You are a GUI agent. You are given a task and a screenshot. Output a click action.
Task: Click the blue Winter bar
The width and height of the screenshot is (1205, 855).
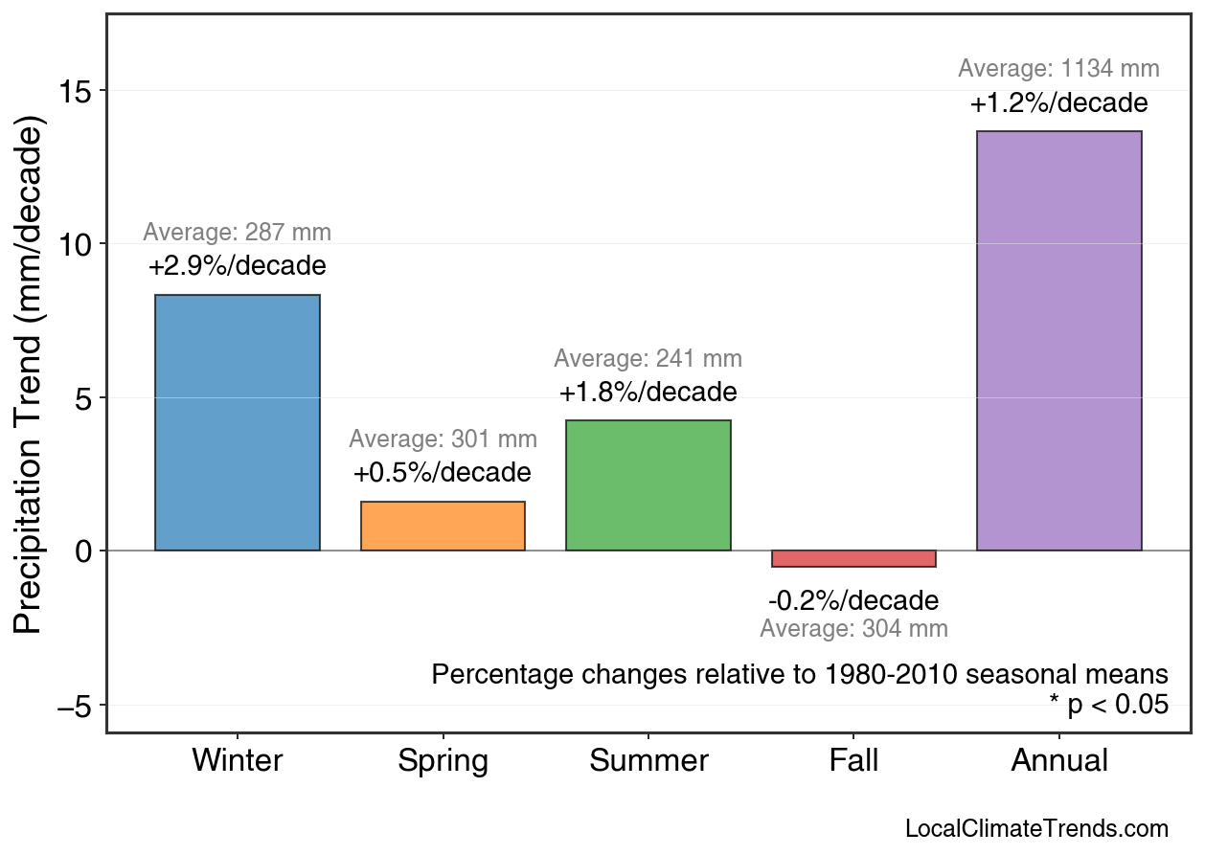[238, 422]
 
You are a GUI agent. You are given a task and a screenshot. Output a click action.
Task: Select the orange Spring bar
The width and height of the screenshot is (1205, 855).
[443, 526]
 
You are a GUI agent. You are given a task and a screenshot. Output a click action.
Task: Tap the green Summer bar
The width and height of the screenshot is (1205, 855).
[648, 485]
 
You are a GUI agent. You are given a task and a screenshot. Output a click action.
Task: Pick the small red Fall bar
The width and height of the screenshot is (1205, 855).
[853, 559]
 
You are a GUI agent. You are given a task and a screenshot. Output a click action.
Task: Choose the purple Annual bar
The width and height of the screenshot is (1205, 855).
[1058, 341]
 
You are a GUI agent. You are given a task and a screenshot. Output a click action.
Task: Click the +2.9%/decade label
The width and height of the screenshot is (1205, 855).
[238, 265]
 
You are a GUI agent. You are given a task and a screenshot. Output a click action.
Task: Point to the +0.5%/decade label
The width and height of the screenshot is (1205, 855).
[442, 473]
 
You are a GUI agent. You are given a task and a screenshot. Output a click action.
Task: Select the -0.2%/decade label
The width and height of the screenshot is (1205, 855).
[853, 601]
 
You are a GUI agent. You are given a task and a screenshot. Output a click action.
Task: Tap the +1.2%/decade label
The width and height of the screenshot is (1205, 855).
[1058, 103]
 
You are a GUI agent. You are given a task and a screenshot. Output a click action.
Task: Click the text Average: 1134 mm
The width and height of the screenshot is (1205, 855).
[1058, 69]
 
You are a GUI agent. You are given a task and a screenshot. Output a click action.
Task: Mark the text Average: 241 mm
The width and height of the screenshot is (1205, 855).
[648, 359]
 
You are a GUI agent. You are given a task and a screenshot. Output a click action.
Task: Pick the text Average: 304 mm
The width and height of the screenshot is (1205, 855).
[853, 629]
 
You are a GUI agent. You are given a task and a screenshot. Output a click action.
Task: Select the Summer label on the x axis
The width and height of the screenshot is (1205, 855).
[648, 761]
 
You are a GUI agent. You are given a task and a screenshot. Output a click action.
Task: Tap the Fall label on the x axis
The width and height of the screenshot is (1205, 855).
[853, 761]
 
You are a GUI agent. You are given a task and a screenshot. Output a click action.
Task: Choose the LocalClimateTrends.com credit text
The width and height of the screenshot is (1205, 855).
[1036, 829]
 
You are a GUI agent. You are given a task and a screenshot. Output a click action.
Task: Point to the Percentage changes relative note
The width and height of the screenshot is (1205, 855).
[800, 674]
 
